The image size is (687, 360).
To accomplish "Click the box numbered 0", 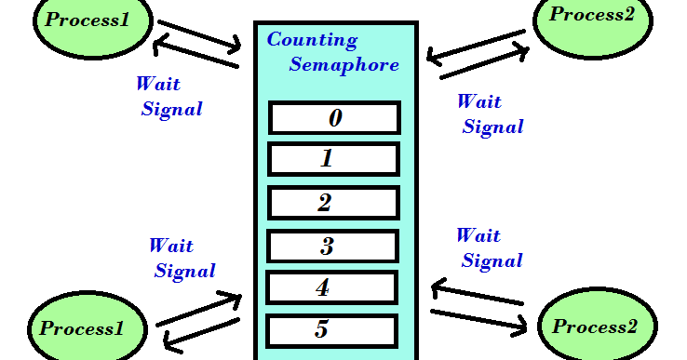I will pyautogui.click(x=334, y=118).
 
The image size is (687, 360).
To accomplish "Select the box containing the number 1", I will pyautogui.click(x=333, y=159).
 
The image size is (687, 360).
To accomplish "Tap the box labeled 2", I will pyautogui.click(x=333, y=204).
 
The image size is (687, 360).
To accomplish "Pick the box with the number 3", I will pyautogui.click(x=333, y=247).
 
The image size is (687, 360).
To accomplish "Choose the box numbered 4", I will pyautogui.click(x=332, y=287).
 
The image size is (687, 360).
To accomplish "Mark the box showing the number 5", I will pyautogui.click(x=332, y=330).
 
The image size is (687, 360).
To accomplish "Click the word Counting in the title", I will pyautogui.click(x=312, y=41).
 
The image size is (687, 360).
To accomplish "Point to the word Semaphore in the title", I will pyautogui.click(x=343, y=64).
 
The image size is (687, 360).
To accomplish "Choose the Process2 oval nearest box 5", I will pyautogui.click(x=595, y=327).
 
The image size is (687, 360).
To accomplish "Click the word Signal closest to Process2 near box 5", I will pyautogui.click(x=492, y=261).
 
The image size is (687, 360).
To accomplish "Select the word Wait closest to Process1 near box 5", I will pyautogui.click(x=171, y=247).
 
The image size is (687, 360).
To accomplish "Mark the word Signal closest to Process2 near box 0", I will pyautogui.click(x=493, y=127).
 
